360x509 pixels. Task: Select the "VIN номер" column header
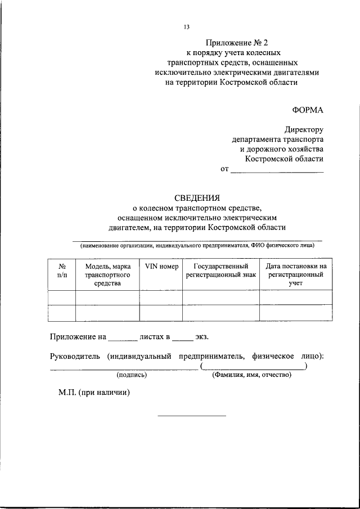point(161,266)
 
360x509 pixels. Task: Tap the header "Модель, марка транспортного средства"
point(107,275)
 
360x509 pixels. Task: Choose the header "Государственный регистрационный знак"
point(220,271)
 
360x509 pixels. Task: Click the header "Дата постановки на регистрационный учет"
point(295,275)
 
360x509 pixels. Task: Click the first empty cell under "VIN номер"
point(161,297)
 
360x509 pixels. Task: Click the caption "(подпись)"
point(132,375)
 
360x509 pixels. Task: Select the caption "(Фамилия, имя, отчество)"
point(251,375)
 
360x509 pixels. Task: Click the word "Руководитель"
point(75,356)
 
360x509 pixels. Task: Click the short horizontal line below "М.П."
point(191,416)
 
